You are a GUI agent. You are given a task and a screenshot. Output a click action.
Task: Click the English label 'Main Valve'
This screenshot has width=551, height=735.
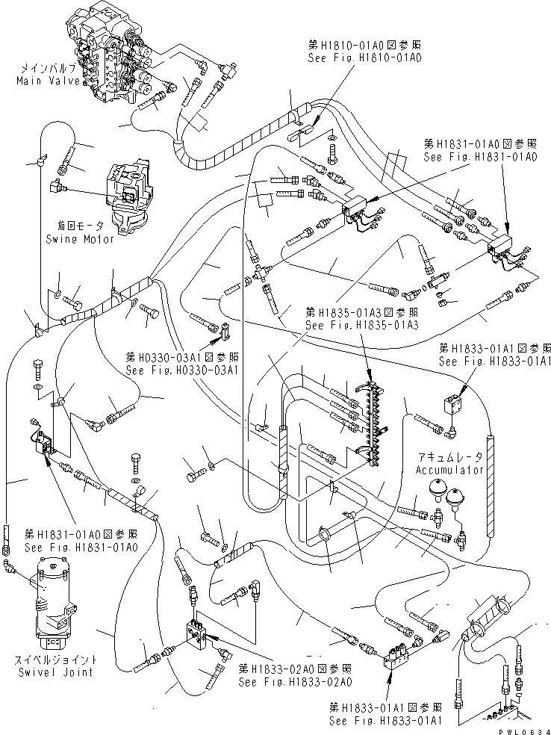tap(46, 80)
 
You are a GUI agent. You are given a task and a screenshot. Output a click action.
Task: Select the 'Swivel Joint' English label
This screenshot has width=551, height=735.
tap(63, 672)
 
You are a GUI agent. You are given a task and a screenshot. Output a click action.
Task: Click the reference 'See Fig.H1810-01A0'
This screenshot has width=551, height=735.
tap(365, 56)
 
